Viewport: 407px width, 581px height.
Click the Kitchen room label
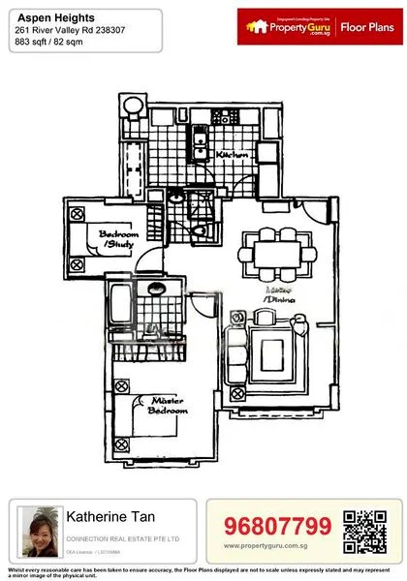[x=234, y=155]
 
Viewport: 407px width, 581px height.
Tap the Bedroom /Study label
[x=119, y=239]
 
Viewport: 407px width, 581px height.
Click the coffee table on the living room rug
[x=275, y=347]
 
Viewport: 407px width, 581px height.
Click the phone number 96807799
[x=277, y=527]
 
